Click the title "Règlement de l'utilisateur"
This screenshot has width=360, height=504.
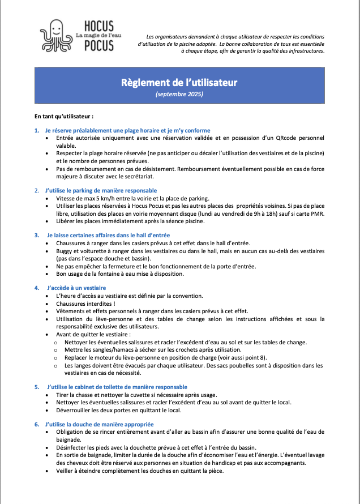point(179,83)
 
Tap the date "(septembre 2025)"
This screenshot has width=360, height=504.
point(179,95)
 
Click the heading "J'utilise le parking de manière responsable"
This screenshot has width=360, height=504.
point(101,190)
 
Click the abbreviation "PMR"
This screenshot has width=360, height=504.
point(317,213)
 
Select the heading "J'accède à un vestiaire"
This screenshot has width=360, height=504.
point(76,288)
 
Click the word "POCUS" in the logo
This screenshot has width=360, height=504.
point(98,46)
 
